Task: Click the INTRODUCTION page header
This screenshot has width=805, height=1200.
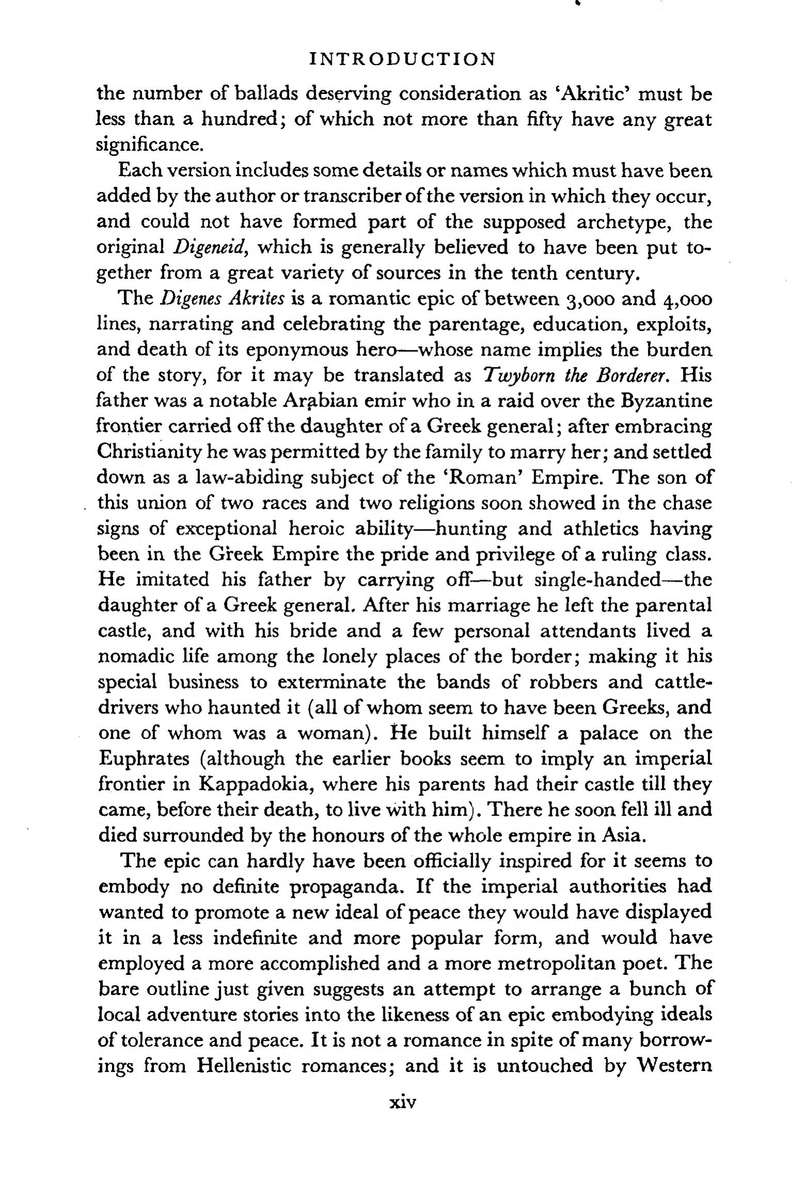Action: (403, 59)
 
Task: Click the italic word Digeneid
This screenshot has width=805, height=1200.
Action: (208, 247)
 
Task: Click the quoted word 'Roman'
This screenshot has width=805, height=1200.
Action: (482, 477)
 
